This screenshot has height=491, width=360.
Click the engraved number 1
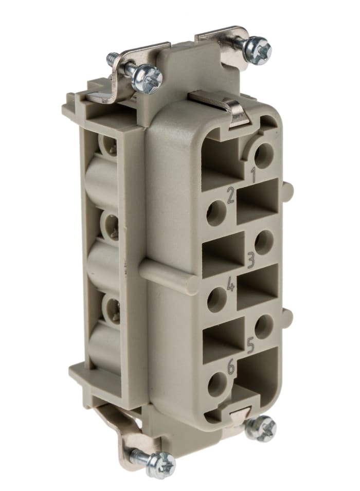click(253, 175)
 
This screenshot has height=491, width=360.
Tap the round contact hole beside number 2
click(217, 212)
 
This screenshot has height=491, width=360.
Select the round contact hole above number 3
click(264, 241)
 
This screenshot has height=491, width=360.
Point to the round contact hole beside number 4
click(217, 299)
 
